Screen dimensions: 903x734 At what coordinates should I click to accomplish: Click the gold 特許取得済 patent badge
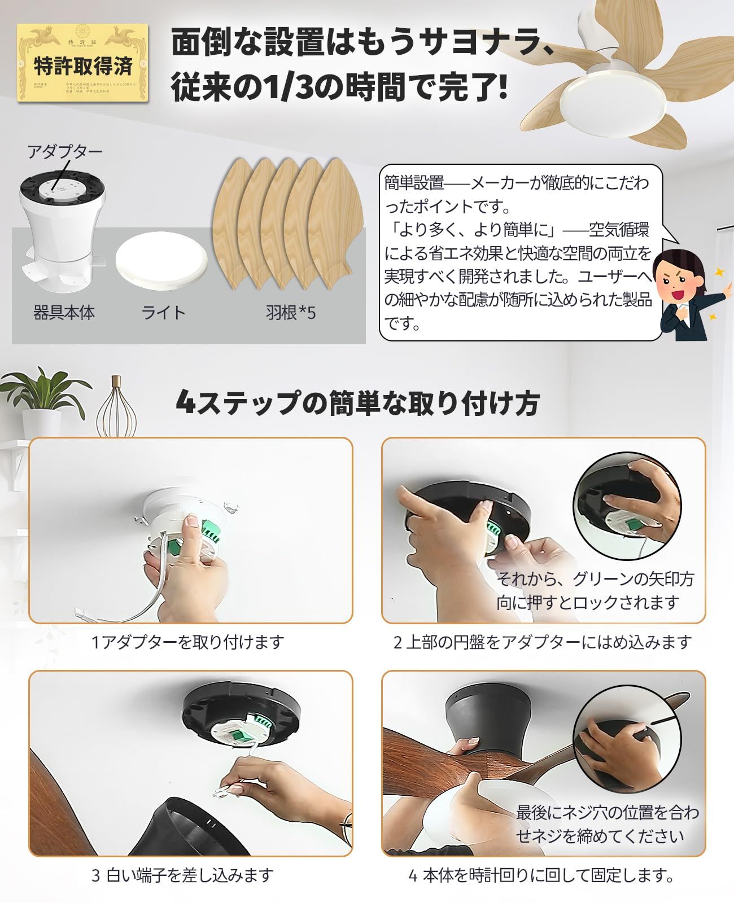coord(82,63)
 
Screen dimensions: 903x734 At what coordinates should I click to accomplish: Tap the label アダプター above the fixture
coord(65,152)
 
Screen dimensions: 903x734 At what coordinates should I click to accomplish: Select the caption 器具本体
coord(64,312)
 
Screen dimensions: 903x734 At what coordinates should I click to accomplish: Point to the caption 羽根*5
coord(290,312)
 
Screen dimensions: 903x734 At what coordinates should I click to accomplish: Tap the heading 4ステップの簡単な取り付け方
coord(357,402)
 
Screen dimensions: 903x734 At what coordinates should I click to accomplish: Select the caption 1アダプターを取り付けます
coord(187,642)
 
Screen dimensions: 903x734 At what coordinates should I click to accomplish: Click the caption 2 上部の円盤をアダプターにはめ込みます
coord(543,642)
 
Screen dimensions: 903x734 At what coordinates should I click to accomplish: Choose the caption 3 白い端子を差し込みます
coord(182,875)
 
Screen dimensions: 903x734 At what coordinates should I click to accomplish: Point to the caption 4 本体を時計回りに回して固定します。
coord(542,875)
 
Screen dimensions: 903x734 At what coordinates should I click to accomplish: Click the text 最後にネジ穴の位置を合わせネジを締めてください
coord(607,824)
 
